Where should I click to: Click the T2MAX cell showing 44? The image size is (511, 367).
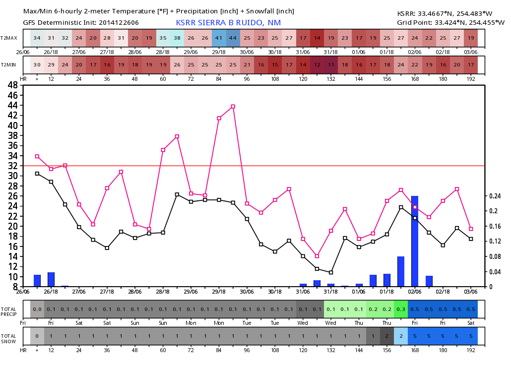[x=233, y=38]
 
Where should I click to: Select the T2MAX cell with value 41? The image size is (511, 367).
[x=219, y=38]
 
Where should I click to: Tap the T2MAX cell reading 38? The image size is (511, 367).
[x=177, y=38]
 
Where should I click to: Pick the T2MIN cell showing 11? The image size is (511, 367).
[x=331, y=65]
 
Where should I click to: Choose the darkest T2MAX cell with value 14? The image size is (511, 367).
[x=317, y=38]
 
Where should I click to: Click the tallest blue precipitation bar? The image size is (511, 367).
[x=415, y=241]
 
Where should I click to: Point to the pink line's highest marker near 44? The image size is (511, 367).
[x=233, y=106]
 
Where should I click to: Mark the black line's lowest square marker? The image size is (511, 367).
[x=331, y=272]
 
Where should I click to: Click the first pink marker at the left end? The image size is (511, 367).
[x=37, y=156]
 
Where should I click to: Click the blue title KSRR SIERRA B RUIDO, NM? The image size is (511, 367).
[x=229, y=23]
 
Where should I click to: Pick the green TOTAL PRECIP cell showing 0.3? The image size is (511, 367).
[x=401, y=309]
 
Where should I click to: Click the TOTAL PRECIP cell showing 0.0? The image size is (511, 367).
[x=37, y=309]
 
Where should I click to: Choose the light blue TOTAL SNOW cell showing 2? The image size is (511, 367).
[x=401, y=336]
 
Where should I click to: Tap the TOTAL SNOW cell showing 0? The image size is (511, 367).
[x=37, y=336]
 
